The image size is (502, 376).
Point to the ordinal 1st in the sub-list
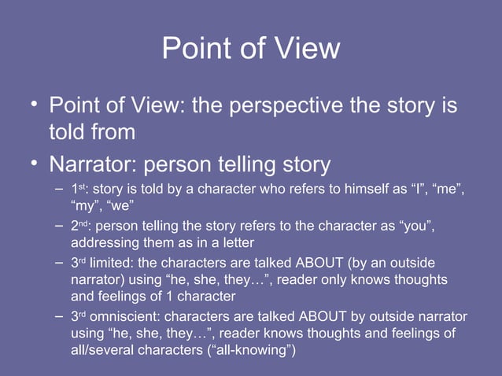(x=79, y=190)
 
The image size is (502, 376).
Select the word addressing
(x=105, y=243)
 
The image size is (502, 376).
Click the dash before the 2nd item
(x=60, y=227)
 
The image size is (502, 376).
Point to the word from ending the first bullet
(x=112, y=132)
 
